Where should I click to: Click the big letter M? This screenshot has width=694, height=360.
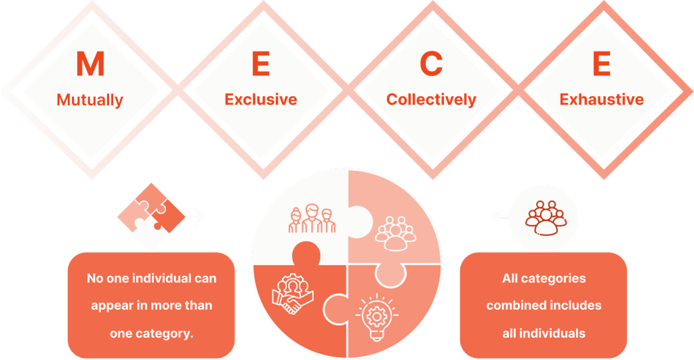click(x=90, y=64)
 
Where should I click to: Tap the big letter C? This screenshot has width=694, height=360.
click(x=431, y=64)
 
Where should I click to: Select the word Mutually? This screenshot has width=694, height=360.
click(x=90, y=100)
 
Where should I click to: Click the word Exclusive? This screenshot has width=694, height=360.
click(x=261, y=99)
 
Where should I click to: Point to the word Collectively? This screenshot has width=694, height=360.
click(x=431, y=100)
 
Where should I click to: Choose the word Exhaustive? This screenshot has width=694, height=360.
click(x=602, y=99)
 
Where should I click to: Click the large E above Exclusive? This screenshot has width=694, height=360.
click(x=261, y=64)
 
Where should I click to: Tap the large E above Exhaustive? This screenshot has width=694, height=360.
click(x=602, y=64)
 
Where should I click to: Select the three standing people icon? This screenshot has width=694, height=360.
click(x=312, y=218)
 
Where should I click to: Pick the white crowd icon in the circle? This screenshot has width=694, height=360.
click(x=395, y=233)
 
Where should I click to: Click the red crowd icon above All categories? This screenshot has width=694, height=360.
click(x=546, y=218)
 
